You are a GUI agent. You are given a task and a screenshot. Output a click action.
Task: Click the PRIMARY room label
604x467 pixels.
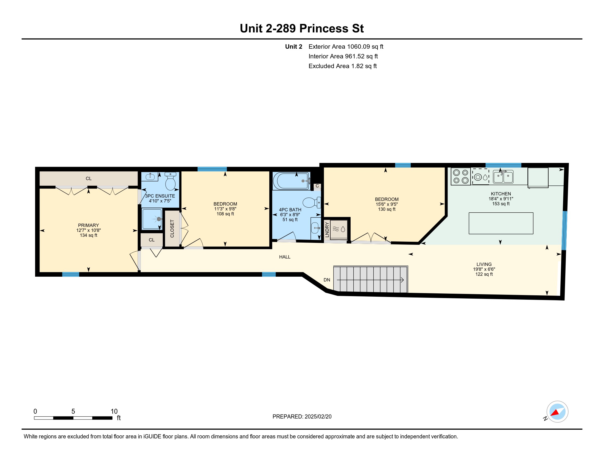click(88, 225)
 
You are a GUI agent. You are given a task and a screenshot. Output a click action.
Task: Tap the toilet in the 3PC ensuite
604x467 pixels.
click(170, 181)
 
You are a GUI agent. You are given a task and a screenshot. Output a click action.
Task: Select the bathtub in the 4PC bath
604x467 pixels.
click(291, 181)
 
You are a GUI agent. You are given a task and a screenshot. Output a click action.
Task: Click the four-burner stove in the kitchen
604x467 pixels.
click(461, 177)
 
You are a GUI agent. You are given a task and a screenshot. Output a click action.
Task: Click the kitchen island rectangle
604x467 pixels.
click(501, 223)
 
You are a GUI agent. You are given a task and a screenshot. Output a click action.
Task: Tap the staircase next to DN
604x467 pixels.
click(371, 279)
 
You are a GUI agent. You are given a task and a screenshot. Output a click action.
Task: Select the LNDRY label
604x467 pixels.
click(327, 230)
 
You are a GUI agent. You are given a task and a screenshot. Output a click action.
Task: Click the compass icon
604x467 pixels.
click(557, 412)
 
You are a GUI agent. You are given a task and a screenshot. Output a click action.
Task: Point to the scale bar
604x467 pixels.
click(73, 418)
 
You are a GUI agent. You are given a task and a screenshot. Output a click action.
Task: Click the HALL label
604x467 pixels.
click(285, 257)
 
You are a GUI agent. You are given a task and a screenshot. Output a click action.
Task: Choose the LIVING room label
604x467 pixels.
click(484, 264)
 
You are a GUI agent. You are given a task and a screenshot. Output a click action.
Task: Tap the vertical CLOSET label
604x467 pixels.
click(172, 229)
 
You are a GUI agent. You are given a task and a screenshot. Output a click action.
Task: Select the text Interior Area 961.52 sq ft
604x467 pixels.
click(343, 56)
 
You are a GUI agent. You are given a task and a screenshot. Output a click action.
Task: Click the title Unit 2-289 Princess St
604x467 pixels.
click(302, 29)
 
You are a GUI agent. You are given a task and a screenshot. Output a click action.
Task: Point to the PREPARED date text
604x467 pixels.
click(302, 417)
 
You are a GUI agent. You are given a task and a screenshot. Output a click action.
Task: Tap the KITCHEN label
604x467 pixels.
click(501, 194)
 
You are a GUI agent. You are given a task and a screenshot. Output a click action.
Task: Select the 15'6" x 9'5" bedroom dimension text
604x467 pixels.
click(387, 204)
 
